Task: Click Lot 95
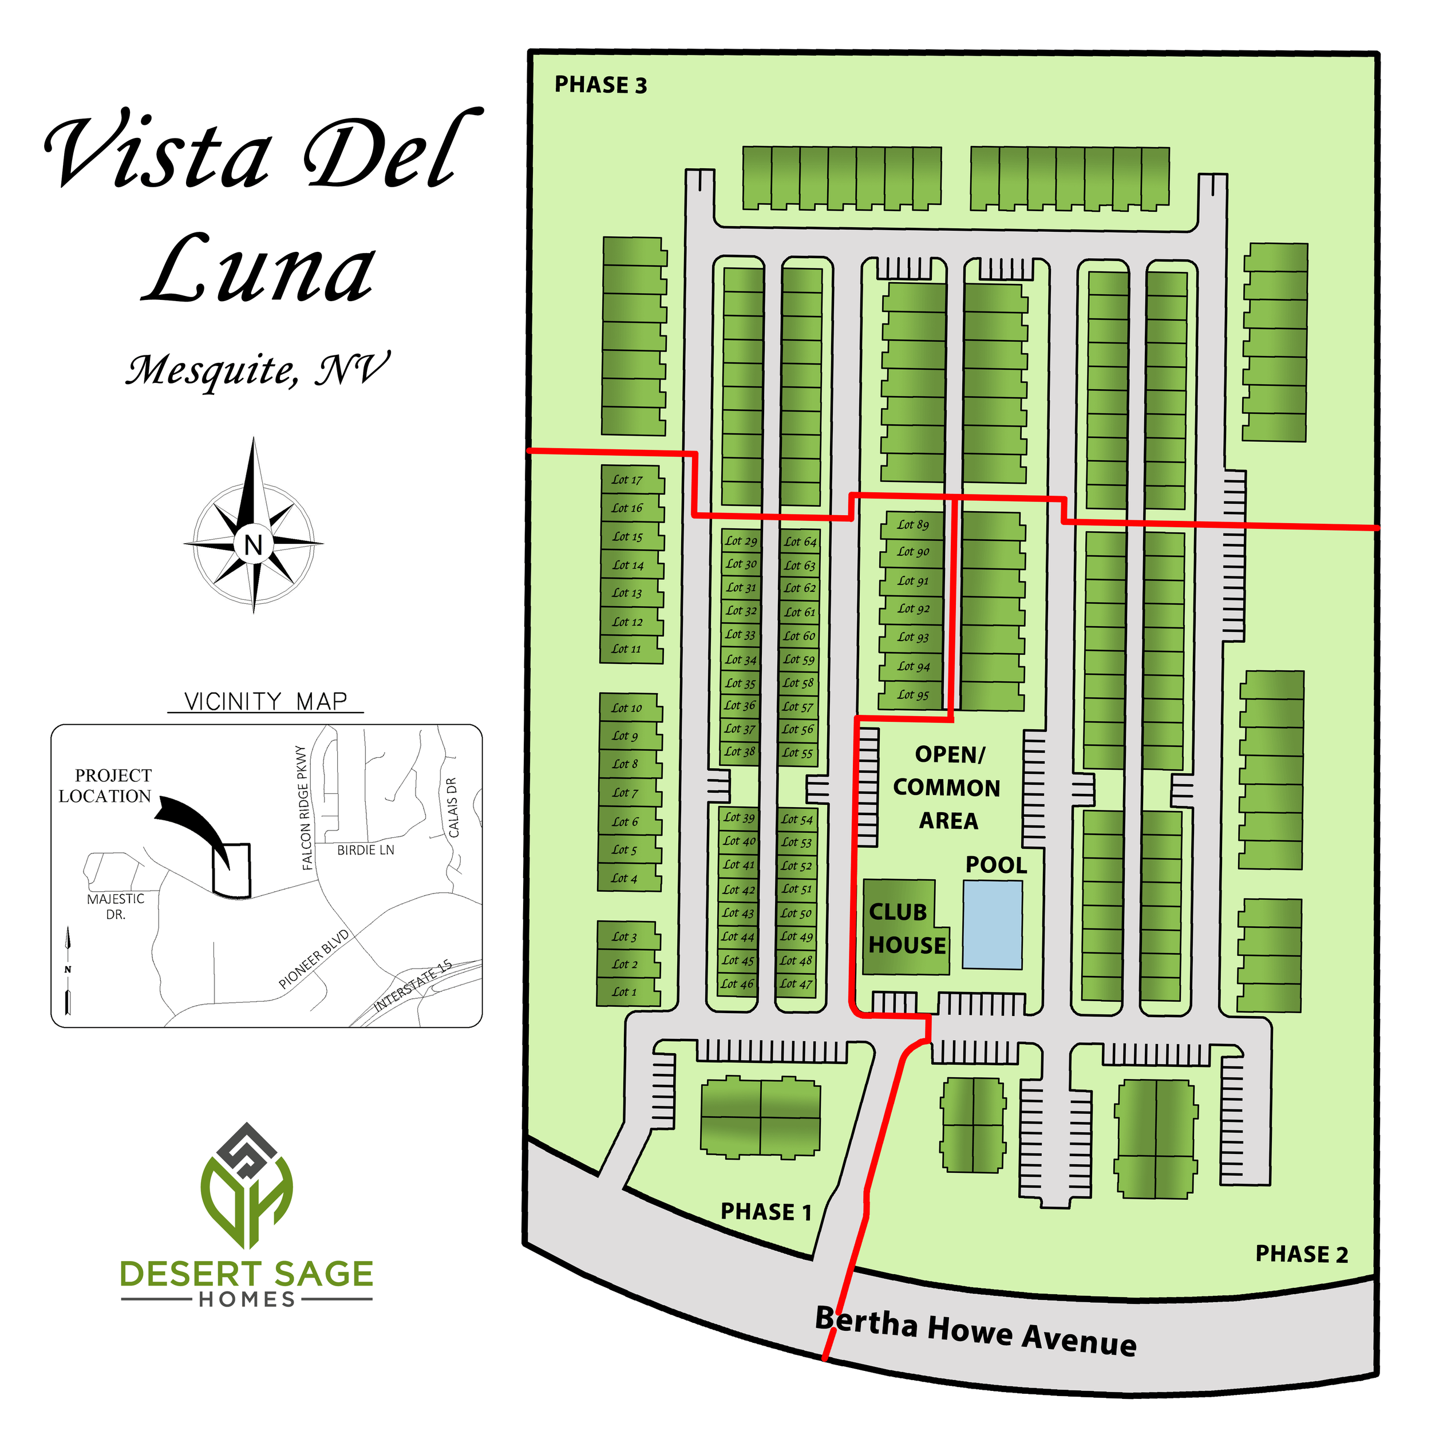[x=912, y=695]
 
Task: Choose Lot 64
[x=800, y=541]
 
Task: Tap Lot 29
[x=741, y=541]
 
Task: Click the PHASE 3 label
[x=600, y=85]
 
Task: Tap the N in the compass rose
[x=254, y=544]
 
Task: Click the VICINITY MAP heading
[x=265, y=701]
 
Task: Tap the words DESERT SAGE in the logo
[x=247, y=1274]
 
